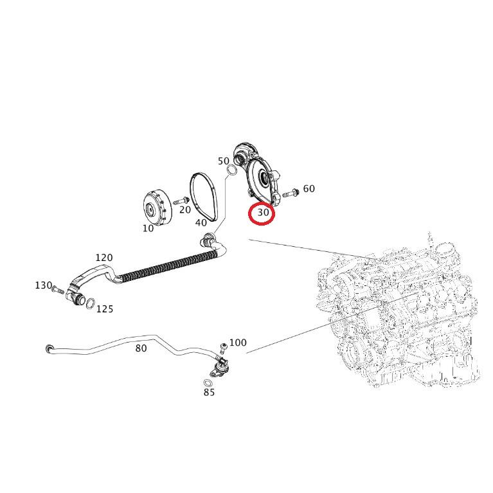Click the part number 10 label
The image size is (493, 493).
[148, 228]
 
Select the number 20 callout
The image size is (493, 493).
[185, 210]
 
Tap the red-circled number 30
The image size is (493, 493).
[262, 213]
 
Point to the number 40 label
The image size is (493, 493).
[201, 223]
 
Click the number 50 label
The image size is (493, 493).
[224, 161]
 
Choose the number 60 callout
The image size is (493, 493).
[309, 189]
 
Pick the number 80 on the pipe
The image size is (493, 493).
[141, 348]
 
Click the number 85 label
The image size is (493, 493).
[209, 392]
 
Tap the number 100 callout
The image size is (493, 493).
[238, 343]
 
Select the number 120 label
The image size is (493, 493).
[104, 258]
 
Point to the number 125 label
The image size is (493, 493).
[105, 309]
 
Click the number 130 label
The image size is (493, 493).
[43, 285]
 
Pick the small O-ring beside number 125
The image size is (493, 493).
[91, 303]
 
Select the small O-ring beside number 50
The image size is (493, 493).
[229, 170]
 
